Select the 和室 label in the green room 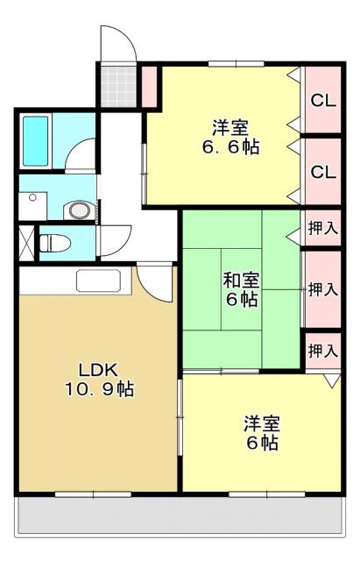click(240, 280)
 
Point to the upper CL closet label click(323, 100)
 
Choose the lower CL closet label click(323, 172)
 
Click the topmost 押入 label click(322, 229)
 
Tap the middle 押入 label click(322, 288)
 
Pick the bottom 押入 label click(322, 350)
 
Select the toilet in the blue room click(55, 240)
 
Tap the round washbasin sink click(80, 210)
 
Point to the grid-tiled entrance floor click(116, 84)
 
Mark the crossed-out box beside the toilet click(25, 241)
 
